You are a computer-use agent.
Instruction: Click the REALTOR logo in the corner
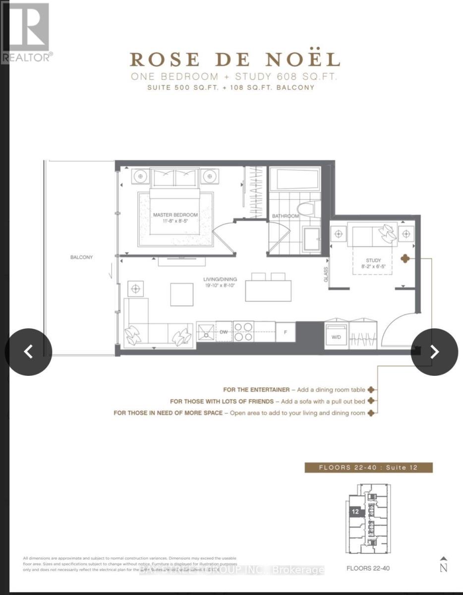26,33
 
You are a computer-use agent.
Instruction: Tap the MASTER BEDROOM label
175,215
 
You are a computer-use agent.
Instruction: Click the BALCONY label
81,257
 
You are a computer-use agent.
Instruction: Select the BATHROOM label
285,216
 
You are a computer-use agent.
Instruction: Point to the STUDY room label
373,260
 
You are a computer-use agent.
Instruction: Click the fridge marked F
285,332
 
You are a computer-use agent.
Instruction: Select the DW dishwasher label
224,333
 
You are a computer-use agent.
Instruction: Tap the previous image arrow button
29,352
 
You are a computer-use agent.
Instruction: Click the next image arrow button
434,352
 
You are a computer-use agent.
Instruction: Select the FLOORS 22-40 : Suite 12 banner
368,468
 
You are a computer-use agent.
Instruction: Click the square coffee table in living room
182,294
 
